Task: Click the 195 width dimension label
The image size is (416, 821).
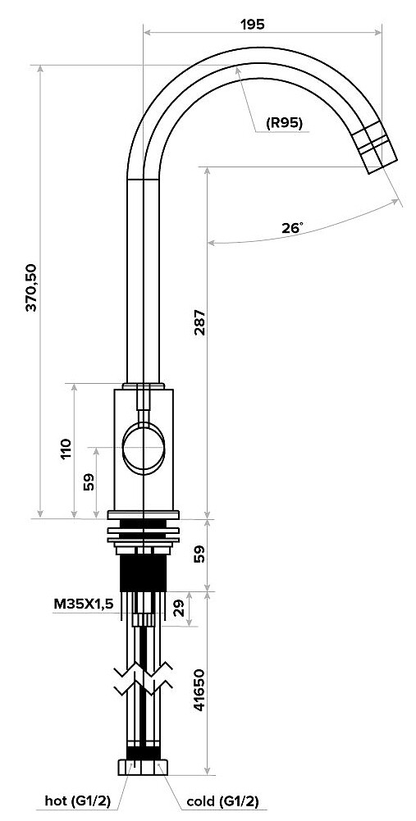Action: click(253, 24)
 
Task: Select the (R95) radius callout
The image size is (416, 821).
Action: click(285, 124)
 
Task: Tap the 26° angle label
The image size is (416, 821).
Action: click(292, 228)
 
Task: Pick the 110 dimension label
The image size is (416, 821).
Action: click(66, 449)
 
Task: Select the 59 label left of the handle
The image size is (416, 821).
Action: click(89, 482)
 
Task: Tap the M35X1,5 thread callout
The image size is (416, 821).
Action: click(84, 604)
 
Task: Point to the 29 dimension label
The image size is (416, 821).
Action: click(179, 609)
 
